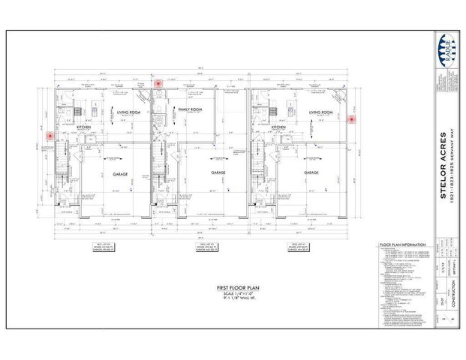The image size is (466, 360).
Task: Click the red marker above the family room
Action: [158, 84]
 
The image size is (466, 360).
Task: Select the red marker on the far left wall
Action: [50, 136]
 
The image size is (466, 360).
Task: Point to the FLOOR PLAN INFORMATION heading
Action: [404, 244]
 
